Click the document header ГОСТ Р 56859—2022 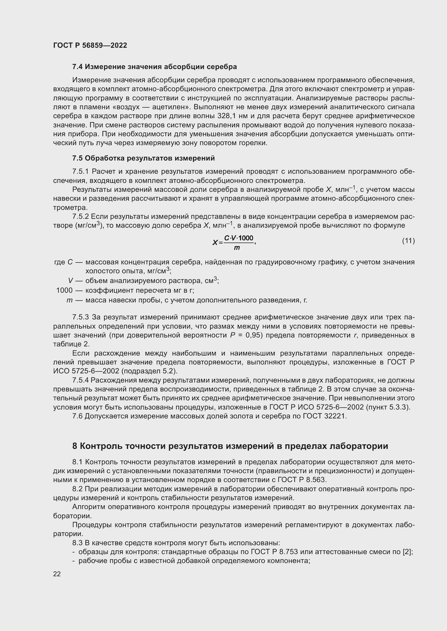90,45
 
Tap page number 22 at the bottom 57,574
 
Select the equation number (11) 408,241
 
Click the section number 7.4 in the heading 78,67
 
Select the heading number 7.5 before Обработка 78,158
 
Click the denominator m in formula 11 237,248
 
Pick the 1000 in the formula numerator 246,238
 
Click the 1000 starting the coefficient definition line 64,290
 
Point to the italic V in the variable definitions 71,281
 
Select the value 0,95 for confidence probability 253,335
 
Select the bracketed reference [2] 407,552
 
